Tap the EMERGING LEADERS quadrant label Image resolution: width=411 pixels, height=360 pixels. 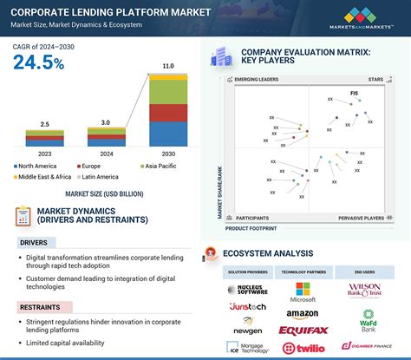[x=258, y=80]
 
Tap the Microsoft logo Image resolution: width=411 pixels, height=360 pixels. [x=303, y=292]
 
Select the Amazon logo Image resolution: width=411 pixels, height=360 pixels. [x=303, y=312]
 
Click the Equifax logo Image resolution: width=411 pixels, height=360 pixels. [x=303, y=331]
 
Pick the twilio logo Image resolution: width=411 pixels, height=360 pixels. [x=303, y=347]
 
